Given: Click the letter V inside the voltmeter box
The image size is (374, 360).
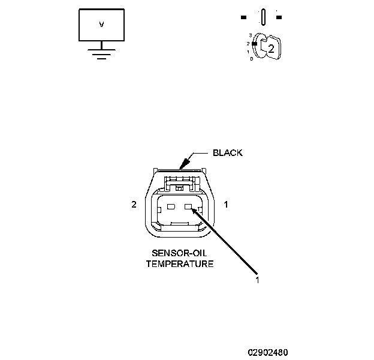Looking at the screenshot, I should (101, 25).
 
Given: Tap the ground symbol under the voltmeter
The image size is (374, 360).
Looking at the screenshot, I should (101, 53).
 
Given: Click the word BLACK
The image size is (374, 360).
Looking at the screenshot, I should (228, 152).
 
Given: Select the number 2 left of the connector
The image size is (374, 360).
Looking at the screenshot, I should (134, 205).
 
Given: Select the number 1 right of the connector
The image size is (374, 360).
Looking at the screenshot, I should (225, 205).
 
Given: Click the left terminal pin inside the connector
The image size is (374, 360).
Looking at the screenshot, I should (170, 208).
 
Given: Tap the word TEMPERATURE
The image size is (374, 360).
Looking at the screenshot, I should (180, 263).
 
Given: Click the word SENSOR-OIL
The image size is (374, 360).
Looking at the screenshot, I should (180, 253).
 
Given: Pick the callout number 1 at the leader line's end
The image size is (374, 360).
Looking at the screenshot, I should (258, 279).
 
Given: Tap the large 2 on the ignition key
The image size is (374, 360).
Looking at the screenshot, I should (271, 49).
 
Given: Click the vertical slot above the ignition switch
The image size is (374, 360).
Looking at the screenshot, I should (263, 16).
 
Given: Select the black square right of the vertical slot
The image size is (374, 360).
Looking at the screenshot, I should (279, 17).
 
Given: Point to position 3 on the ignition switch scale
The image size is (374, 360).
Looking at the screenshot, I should (250, 37).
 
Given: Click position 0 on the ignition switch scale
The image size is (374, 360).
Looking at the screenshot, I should (251, 59).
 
